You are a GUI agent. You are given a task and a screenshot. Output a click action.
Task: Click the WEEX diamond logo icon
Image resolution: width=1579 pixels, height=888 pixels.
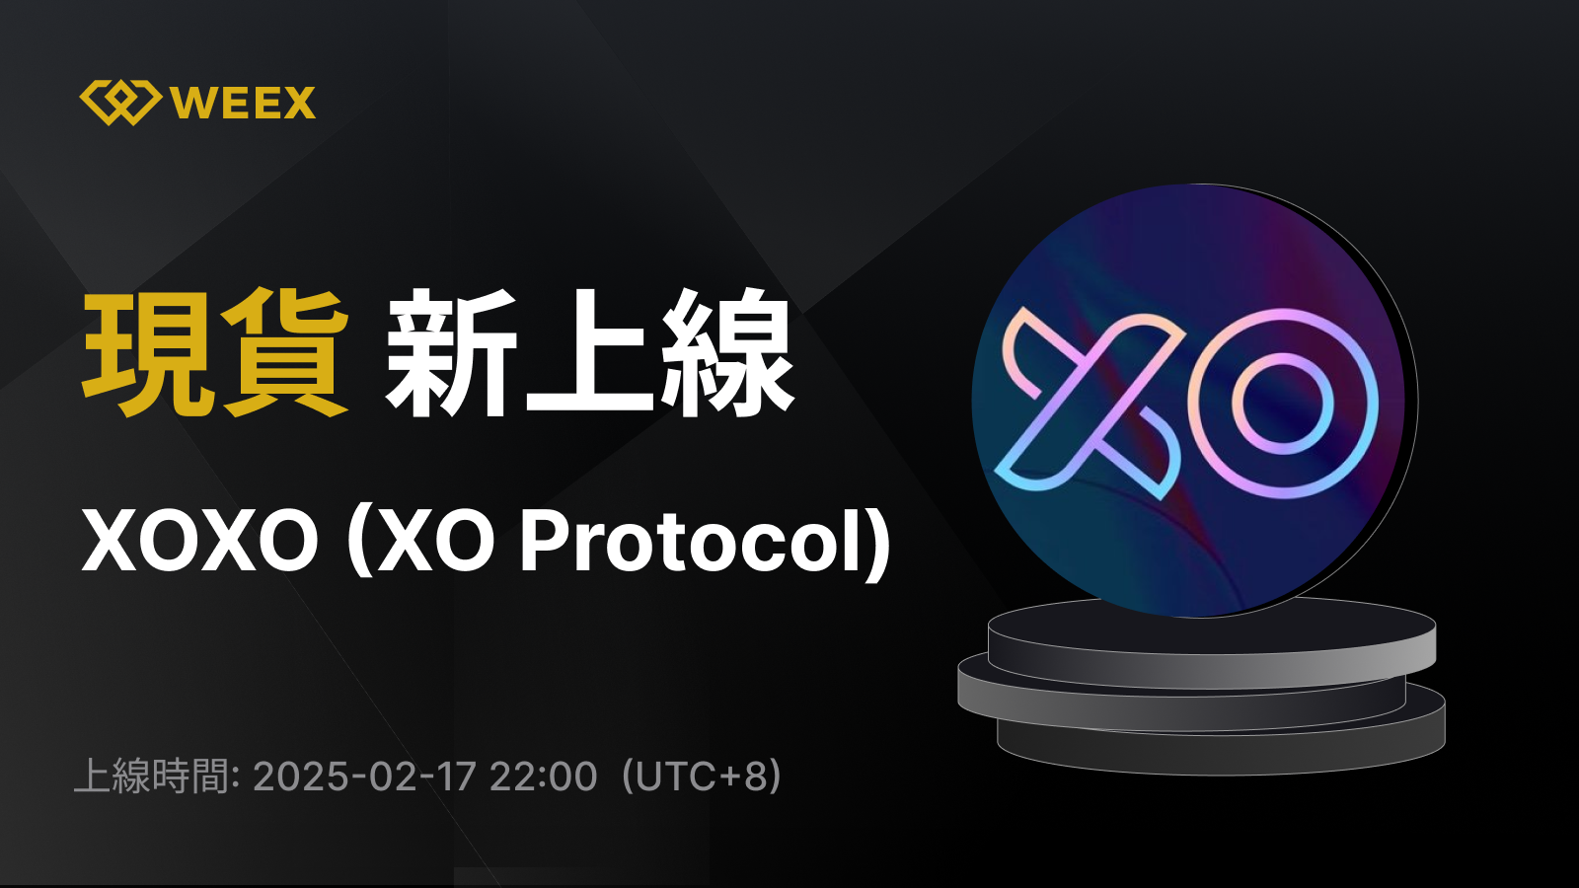[119, 103]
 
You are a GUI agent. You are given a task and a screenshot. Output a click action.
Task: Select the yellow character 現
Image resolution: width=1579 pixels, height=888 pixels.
[148, 352]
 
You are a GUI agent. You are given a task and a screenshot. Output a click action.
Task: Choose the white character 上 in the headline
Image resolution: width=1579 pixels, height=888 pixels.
[589, 352]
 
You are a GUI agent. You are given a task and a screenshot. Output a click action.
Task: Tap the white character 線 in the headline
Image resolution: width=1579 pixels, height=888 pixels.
[727, 352]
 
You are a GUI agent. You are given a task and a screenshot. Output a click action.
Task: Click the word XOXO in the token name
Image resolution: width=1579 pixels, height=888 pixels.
[200, 541]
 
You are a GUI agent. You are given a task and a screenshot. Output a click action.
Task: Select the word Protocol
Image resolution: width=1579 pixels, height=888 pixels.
[692, 541]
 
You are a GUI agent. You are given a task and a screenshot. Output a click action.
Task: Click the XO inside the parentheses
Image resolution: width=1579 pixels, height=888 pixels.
[435, 541]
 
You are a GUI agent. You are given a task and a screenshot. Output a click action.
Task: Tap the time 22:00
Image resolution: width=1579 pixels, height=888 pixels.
[543, 777]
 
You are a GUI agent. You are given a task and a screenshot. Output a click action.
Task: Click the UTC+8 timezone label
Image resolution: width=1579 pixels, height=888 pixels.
[702, 777]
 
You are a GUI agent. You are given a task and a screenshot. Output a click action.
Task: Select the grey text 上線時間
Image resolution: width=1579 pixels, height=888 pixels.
[152, 777]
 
